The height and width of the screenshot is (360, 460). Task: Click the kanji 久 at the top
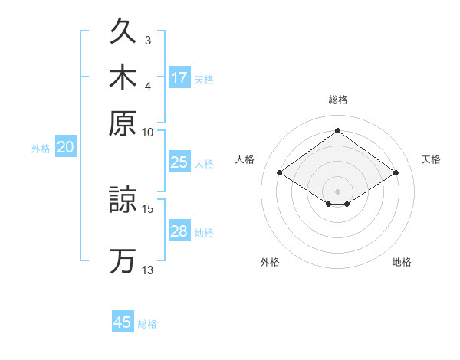pos(123,30)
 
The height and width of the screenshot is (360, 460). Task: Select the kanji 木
pos(123,77)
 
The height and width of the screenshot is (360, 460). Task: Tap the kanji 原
pos(123,123)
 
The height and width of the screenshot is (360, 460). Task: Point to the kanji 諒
pos(123,199)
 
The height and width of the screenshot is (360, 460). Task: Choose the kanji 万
pos(123,261)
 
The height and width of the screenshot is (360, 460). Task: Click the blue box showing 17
pos(179,77)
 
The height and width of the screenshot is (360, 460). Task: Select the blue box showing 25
pos(179,162)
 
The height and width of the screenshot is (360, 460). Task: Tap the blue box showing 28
pos(179,230)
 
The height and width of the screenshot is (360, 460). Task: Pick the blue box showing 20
pos(66,146)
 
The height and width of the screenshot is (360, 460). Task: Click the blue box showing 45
pos(123,321)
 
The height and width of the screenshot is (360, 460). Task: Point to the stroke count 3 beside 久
pos(148,41)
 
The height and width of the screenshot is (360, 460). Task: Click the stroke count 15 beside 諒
pos(147,209)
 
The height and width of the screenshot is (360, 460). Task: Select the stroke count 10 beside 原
pos(147,133)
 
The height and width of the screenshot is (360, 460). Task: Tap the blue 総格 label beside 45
pos(147,324)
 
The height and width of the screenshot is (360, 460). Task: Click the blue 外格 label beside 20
pos(41,149)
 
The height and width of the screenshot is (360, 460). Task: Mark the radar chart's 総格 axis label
pos(338,100)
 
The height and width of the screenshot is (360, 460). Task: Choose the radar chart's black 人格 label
pos(245,159)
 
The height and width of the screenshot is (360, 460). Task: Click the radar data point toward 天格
pos(396,172)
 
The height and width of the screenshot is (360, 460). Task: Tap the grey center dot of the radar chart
pos(337,191)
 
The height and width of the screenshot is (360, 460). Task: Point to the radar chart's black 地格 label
pos(402,262)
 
